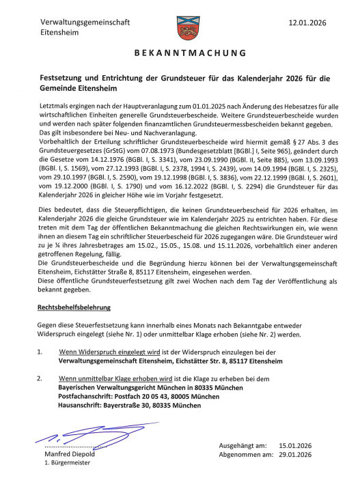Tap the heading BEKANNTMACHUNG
180,52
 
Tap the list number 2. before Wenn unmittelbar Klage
42,378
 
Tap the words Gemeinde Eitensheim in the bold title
79,89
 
